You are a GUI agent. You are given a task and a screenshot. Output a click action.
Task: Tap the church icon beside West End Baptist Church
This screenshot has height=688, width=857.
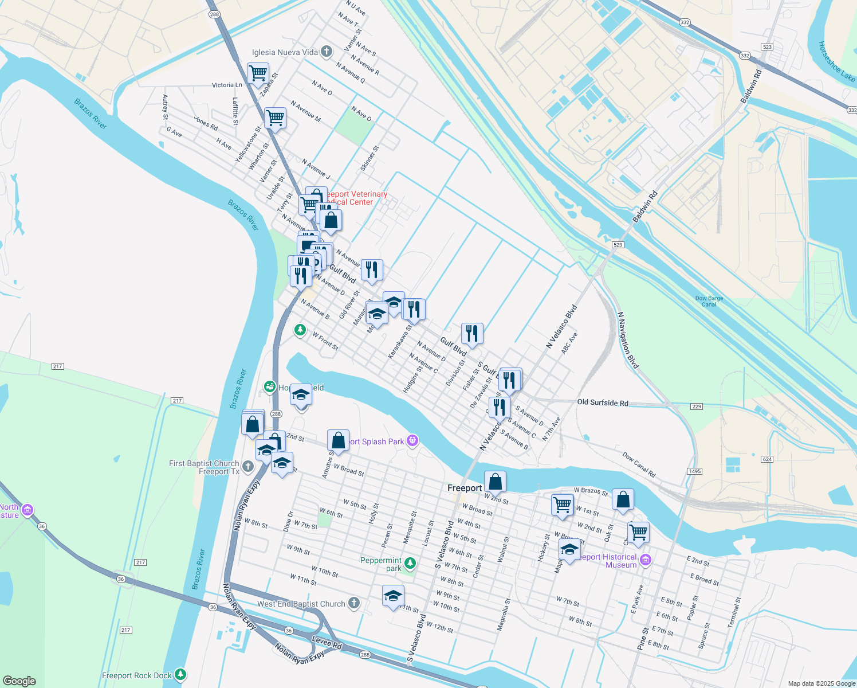click(x=354, y=603)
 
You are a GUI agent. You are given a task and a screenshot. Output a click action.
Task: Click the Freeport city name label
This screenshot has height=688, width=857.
click(x=464, y=488)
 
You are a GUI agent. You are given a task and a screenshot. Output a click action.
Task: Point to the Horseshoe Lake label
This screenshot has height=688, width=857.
click(x=836, y=62)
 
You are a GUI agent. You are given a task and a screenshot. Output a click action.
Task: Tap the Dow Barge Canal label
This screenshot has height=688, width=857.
click(x=709, y=301)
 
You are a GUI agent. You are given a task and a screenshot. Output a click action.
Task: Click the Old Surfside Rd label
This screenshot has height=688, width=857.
click(x=602, y=402)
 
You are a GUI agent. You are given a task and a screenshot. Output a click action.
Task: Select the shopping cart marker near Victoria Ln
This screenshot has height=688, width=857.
click(x=258, y=73)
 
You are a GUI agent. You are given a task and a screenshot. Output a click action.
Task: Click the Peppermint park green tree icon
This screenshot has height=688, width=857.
click(x=410, y=562)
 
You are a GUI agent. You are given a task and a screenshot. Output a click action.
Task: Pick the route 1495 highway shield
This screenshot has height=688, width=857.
click(x=694, y=471)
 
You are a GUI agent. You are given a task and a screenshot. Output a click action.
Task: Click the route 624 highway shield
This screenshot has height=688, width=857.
click(x=767, y=459)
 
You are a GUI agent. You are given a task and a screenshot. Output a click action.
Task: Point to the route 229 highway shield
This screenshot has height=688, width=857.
click(x=696, y=406)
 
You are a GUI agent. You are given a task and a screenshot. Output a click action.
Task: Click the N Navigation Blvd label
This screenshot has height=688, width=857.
click(x=628, y=341)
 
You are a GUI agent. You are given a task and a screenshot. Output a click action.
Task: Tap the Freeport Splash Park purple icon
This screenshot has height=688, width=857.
click(x=412, y=440)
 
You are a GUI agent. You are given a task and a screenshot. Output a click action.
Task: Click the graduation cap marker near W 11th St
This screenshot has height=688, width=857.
click(x=393, y=596)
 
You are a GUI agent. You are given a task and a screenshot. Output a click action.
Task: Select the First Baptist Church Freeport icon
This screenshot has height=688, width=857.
click(x=247, y=466)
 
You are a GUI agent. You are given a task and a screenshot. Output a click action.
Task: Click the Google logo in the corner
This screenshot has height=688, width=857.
click(x=19, y=681)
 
